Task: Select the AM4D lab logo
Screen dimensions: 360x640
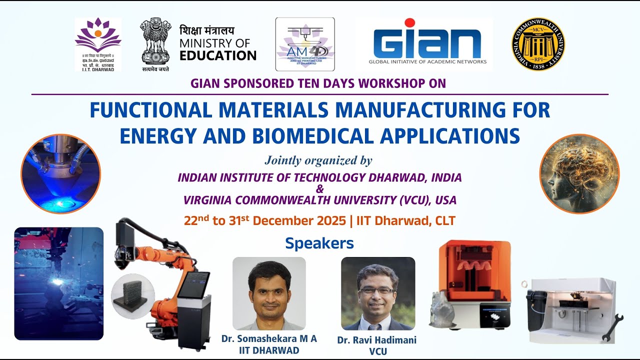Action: pyautogui.click(x=305, y=44)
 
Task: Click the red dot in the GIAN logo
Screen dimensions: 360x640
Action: pyautogui.click(x=410, y=23)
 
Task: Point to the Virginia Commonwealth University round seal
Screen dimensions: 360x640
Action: pyautogui.click(x=538, y=44)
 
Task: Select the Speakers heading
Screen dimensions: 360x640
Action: pyautogui.click(x=319, y=243)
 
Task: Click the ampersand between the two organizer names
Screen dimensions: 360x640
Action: pyautogui.click(x=320, y=189)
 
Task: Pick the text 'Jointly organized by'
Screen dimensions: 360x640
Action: pyautogui.click(x=318, y=160)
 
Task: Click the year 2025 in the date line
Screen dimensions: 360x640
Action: pyautogui.click(x=329, y=220)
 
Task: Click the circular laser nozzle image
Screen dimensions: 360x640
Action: pyautogui.click(x=60, y=174)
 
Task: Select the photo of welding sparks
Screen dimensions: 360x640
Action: pyautogui.click(x=58, y=283)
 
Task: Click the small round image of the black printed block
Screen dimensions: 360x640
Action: pyautogui.click(x=133, y=296)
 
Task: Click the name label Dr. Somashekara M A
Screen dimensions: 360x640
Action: pyautogui.click(x=269, y=338)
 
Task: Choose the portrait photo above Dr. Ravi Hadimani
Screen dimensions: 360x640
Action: pyautogui.click(x=377, y=293)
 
